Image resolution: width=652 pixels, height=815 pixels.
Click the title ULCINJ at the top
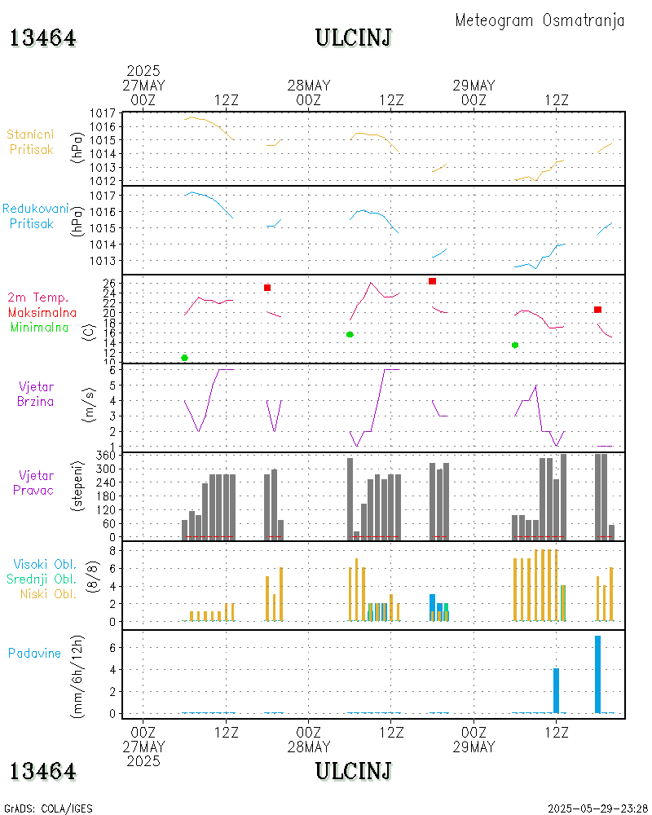[353, 37]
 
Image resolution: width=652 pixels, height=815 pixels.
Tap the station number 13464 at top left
[42, 38]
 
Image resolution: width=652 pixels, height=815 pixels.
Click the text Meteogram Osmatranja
[540, 20]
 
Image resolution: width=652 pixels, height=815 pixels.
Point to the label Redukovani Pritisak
[34, 215]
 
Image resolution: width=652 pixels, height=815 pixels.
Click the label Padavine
[34, 653]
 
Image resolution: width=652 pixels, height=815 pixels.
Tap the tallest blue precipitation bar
[597, 674]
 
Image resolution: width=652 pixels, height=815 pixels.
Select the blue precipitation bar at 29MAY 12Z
[556, 690]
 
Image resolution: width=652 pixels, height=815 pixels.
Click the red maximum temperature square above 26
[432, 281]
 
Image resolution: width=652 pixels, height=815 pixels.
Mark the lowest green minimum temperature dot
[184, 358]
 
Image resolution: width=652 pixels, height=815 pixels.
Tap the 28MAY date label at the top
[309, 86]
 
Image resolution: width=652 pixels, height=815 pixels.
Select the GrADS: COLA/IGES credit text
[48, 808]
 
